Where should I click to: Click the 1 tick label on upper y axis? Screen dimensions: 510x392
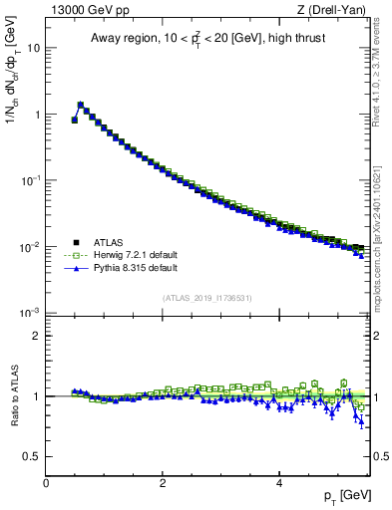(x=36, y=115)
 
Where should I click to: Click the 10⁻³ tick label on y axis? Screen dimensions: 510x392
(x=30, y=313)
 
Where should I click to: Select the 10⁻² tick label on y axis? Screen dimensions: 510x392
(x=30, y=247)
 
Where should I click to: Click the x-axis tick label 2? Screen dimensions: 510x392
(x=163, y=482)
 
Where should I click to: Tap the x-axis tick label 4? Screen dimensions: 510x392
(x=279, y=482)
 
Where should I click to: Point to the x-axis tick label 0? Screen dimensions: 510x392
(x=46, y=482)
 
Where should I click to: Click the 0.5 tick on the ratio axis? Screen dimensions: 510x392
(x=32, y=456)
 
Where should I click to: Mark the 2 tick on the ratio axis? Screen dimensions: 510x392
(x=36, y=336)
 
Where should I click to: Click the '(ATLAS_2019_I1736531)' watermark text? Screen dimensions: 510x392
(x=208, y=298)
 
